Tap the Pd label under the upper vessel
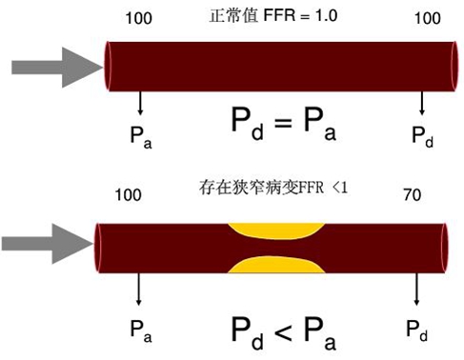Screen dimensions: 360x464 423,135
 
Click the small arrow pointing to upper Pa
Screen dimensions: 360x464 141,104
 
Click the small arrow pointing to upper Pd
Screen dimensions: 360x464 421,104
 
